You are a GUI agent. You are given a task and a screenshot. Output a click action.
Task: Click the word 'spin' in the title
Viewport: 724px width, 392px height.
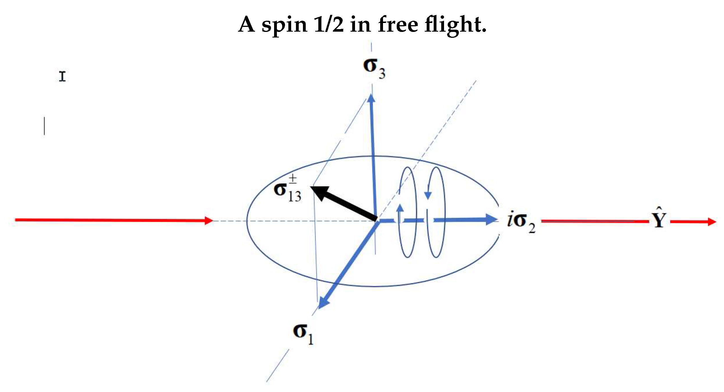284,25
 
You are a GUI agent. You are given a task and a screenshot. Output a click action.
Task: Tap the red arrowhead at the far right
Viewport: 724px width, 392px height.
712,222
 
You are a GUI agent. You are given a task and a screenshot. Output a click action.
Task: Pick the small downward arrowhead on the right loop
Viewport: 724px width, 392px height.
428,194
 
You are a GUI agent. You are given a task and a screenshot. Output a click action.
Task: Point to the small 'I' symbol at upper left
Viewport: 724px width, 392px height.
62,76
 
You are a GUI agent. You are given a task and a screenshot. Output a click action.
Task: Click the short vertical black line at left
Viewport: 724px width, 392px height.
45,126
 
